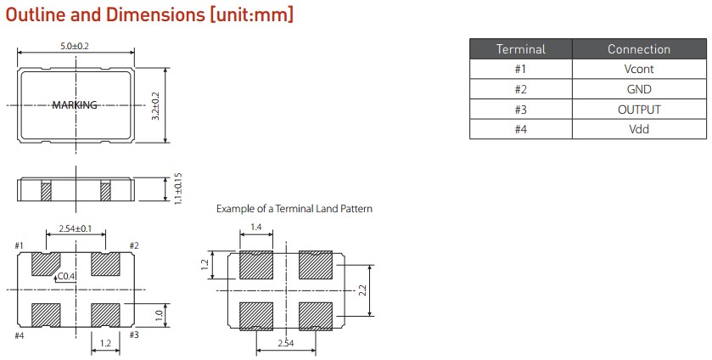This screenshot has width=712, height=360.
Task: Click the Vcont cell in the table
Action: [x=638, y=69]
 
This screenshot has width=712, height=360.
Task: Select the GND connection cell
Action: [x=638, y=89]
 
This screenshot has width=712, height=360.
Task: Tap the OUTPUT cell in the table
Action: [x=638, y=110]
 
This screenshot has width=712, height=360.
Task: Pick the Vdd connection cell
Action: [x=638, y=130]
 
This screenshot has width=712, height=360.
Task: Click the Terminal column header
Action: [x=520, y=49]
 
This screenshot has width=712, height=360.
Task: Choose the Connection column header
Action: [x=638, y=49]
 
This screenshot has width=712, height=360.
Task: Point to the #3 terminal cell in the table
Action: [x=520, y=110]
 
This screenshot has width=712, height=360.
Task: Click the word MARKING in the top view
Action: [x=75, y=105]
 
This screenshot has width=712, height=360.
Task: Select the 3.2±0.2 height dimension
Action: [x=155, y=105]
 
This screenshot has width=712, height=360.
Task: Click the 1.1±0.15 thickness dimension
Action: [x=177, y=189]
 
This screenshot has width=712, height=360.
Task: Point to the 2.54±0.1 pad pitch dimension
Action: [x=75, y=229]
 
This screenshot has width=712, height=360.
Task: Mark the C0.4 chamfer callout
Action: [x=66, y=276]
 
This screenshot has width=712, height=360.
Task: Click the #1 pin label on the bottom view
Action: [x=20, y=246]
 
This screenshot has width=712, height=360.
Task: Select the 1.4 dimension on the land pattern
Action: [x=255, y=228]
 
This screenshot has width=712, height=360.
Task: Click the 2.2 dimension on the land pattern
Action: [x=362, y=290]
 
